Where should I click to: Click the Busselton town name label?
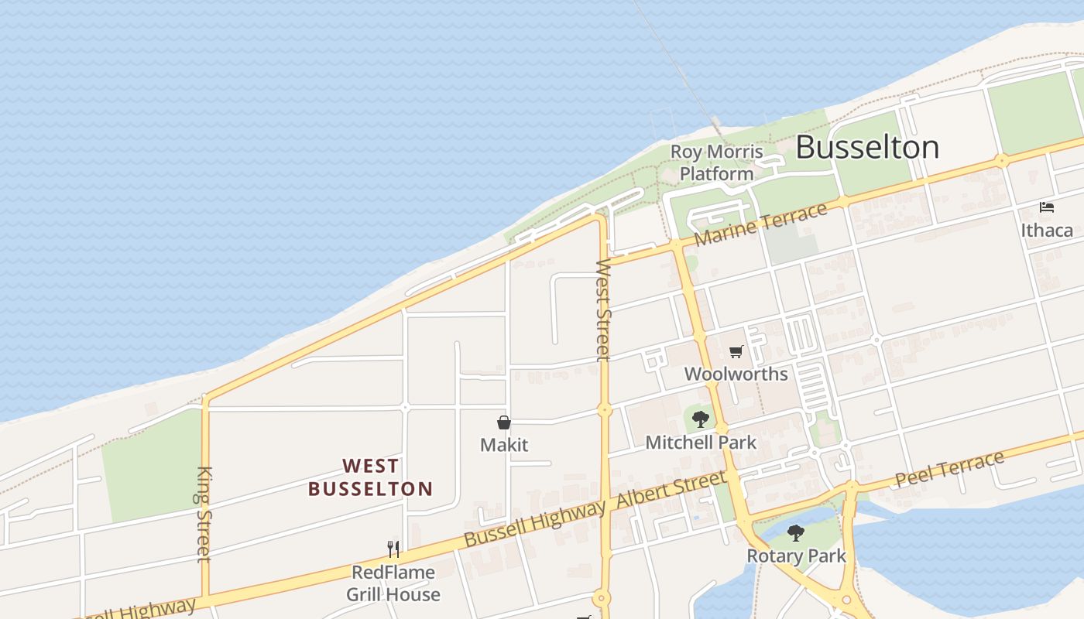point(867,147)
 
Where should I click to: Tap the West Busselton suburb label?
point(371,477)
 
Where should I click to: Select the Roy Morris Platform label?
point(716,162)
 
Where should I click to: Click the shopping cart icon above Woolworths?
point(736,352)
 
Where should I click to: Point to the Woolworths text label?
point(736,374)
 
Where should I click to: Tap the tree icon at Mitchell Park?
point(701,419)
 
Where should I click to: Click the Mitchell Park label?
point(701,443)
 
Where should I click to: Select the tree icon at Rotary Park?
point(795,532)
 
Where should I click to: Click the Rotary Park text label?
point(796,556)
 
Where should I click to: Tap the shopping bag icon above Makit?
point(504,422)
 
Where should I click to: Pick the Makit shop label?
point(504,445)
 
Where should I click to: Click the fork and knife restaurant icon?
point(393,549)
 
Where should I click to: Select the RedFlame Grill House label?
point(393,583)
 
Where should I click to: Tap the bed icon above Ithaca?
point(1047,207)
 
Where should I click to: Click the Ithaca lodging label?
point(1047,230)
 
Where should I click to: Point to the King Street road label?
point(204,514)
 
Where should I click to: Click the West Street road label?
point(603,309)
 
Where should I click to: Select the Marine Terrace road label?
point(760,225)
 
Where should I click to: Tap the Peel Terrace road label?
point(949,469)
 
